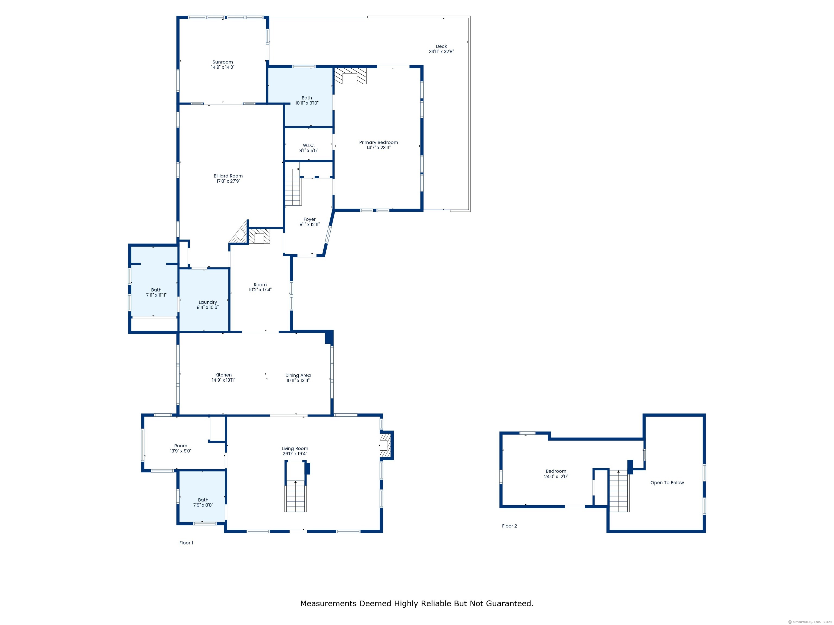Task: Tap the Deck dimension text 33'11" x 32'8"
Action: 441,52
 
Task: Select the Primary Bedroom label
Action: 378,142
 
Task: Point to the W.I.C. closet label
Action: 308,145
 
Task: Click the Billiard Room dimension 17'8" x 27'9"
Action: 228,181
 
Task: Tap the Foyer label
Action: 309,219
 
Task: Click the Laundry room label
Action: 208,302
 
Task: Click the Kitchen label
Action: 224,375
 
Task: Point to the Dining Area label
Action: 298,375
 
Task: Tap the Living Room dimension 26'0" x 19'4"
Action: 295,454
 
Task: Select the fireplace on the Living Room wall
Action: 386,445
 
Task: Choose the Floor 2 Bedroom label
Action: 556,471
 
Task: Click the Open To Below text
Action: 667,483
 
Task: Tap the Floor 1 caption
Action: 186,543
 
